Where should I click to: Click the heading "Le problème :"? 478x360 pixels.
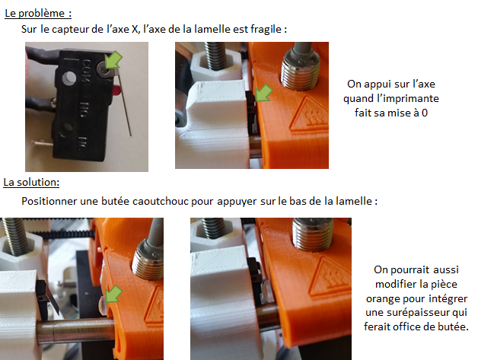coord(38,14)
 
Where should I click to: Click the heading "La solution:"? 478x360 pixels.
coord(31,183)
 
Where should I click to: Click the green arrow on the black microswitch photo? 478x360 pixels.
coord(113,59)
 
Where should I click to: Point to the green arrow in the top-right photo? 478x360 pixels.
coord(263,93)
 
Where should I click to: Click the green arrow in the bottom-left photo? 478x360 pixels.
coord(113,294)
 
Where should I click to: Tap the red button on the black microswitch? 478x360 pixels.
coord(116,91)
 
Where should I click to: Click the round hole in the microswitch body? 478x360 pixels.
coord(69,78)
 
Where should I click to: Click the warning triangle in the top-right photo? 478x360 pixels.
coord(308,115)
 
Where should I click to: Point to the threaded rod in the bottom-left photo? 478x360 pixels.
coord(14,237)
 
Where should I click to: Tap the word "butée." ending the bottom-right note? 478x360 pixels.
coord(454,327)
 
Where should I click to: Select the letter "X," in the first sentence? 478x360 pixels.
coord(136,29)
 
